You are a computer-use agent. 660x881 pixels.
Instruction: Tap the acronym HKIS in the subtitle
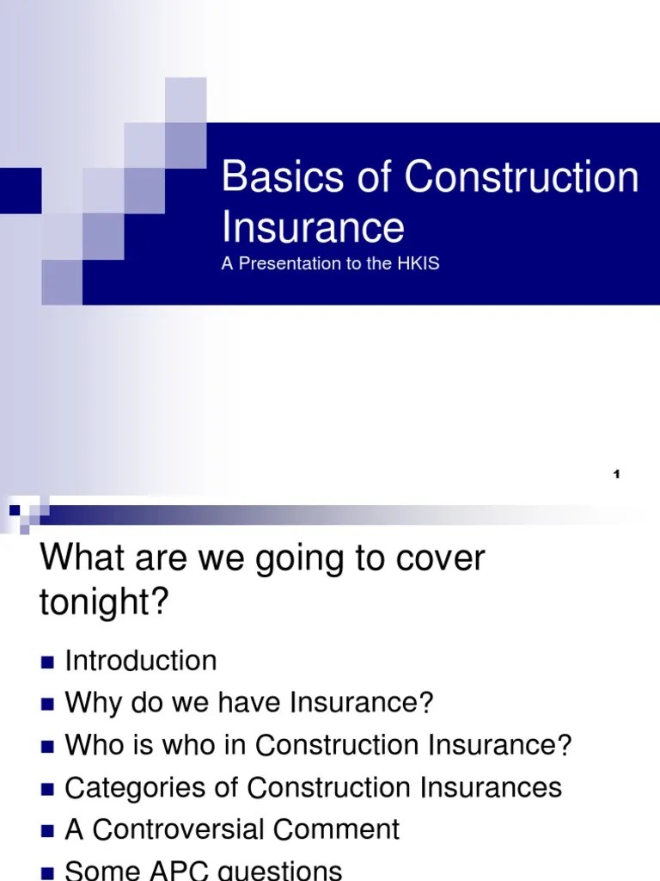pyautogui.click(x=418, y=264)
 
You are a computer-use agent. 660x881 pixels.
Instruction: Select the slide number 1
pyautogui.click(x=617, y=476)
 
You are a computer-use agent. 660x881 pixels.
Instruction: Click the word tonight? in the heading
pyautogui.click(x=103, y=603)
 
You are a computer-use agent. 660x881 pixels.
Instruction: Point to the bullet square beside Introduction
pyautogui.click(x=47, y=662)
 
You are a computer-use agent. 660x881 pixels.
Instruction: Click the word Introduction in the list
pyautogui.click(x=141, y=661)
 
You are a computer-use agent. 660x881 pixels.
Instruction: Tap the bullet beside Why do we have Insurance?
pyautogui.click(x=47, y=704)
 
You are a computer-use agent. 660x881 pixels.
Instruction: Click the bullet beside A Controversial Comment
pyautogui.click(x=47, y=830)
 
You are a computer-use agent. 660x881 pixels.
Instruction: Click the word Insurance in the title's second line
pyautogui.click(x=313, y=227)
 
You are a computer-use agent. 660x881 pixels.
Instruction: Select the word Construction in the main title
pyautogui.click(x=522, y=178)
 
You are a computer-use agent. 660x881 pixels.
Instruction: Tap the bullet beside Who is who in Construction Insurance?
pyautogui.click(x=47, y=746)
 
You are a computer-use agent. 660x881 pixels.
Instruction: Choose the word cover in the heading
pyautogui.click(x=434, y=559)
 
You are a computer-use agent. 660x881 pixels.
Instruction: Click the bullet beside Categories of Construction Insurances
pyautogui.click(x=47, y=788)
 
